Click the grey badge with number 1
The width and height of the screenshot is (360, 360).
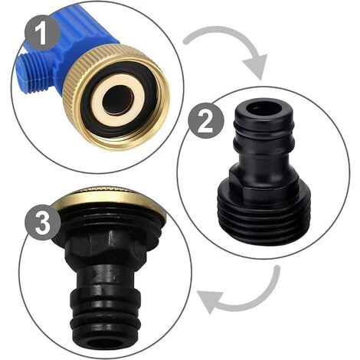(x=42, y=33)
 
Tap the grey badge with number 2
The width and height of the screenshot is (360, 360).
(x=206, y=121)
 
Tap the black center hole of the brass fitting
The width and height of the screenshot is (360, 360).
(x=118, y=100)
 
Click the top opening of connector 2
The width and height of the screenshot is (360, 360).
(x=263, y=110)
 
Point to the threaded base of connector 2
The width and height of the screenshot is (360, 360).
(x=262, y=220)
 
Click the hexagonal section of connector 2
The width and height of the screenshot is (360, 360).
(x=263, y=178)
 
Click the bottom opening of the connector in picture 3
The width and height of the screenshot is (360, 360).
(x=105, y=342)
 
